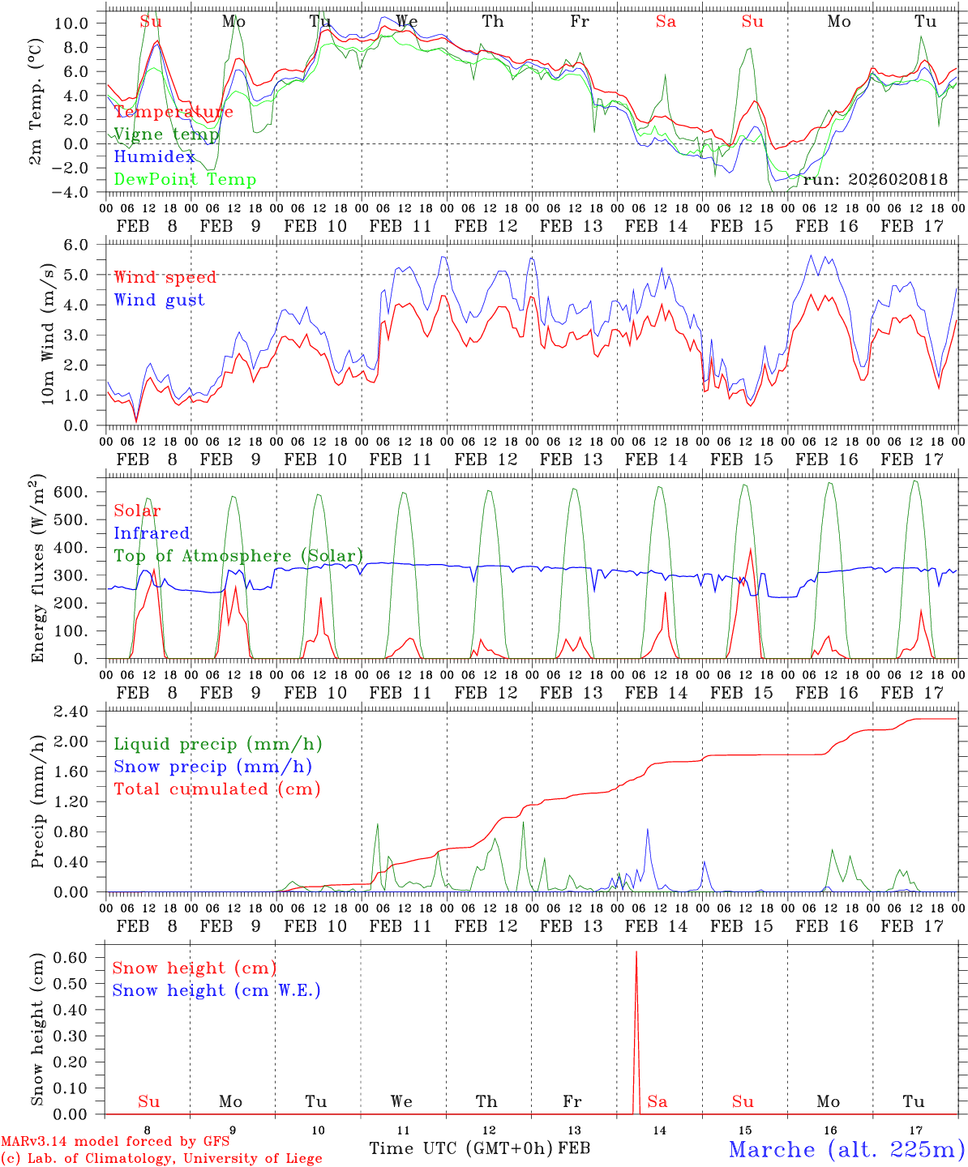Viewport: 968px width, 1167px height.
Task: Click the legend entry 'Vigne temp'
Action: coord(166,135)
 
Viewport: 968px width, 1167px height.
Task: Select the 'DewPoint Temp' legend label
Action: coord(185,180)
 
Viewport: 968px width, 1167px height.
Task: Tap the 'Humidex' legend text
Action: coord(154,157)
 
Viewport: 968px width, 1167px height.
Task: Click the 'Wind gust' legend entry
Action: coord(159,301)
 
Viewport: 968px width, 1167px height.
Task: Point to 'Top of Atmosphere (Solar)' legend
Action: coord(238,556)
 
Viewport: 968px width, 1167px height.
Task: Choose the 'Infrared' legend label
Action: coord(152,533)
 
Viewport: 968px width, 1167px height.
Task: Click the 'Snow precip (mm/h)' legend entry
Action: coord(212,767)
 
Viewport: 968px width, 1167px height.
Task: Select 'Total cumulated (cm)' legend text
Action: coord(216,789)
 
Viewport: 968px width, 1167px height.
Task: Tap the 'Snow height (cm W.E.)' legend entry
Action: coord(216,990)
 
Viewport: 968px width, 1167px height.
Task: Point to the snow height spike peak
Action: coord(636,952)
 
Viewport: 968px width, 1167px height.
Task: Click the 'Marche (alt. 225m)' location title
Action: coord(846,1149)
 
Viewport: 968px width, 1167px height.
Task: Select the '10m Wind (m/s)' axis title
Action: coord(49,333)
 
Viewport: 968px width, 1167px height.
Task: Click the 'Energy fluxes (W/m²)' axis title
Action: coord(37,571)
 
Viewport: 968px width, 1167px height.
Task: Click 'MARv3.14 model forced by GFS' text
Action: coord(114,1141)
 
